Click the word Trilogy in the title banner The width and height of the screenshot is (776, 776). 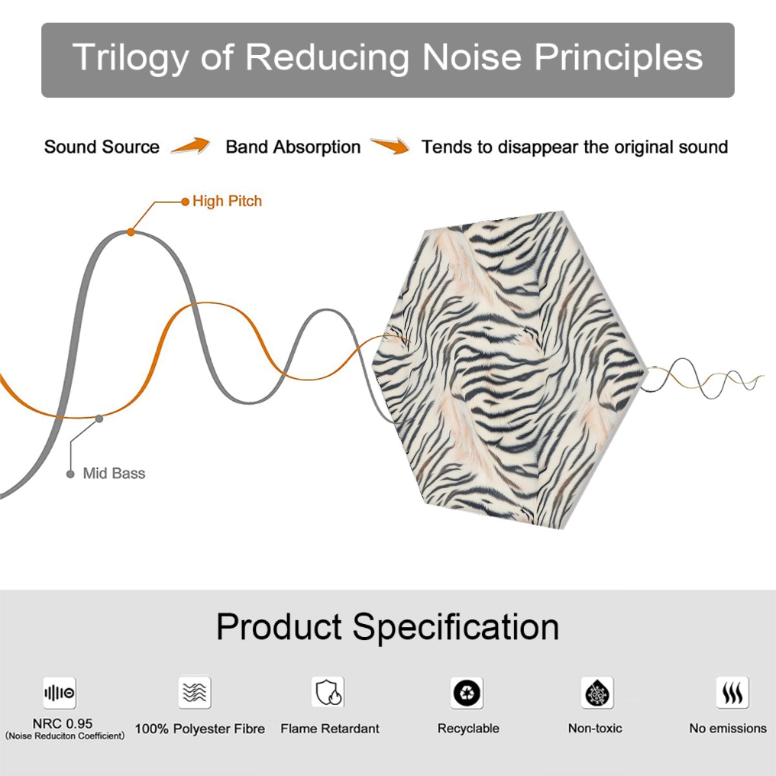click(x=131, y=58)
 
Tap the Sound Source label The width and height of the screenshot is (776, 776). click(x=102, y=147)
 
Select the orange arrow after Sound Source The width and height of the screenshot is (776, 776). click(x=191, y=145)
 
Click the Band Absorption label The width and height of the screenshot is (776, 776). click(x=293, y=147)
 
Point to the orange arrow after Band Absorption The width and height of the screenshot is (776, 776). click(x=390, y=145)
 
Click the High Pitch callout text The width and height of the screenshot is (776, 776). click(x=227, y=201)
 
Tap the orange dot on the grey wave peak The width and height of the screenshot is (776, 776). click(x=131, y=232)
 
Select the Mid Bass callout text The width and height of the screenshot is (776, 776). click(x=114, y=473)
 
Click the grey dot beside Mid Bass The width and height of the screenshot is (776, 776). click(x=70, y=474)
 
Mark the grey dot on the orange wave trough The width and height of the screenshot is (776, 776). click(x=99, y=419)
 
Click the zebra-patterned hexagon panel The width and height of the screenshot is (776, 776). click(x=508, y=370)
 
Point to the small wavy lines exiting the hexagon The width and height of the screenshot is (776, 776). click(x=702, y=378)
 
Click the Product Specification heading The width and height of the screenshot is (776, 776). click(x=387, y=627)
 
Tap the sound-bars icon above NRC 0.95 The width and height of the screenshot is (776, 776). click(x=59, y=693)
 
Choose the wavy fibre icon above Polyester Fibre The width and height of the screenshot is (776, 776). click(x=195, y=692)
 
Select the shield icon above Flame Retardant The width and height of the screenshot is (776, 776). click(x=329, y=692)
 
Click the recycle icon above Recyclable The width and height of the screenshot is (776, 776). click(x=467, y=693)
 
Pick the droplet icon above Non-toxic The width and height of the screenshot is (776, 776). click(x=598, y=693)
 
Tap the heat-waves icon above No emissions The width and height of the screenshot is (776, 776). click(x=733, y=693)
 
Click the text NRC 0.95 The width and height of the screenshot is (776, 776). click(x=63, y=724)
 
